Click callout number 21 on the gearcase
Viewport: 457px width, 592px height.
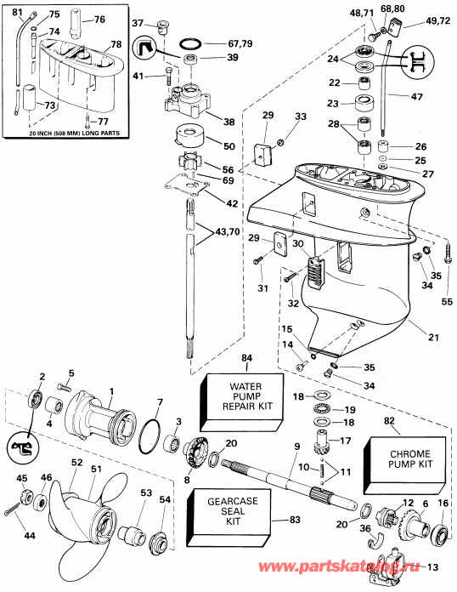pos(432,338)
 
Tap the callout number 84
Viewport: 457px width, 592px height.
pos(247,358)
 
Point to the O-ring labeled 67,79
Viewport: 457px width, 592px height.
pos(193,43)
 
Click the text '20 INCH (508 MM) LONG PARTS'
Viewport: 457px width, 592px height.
pos(61,133)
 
